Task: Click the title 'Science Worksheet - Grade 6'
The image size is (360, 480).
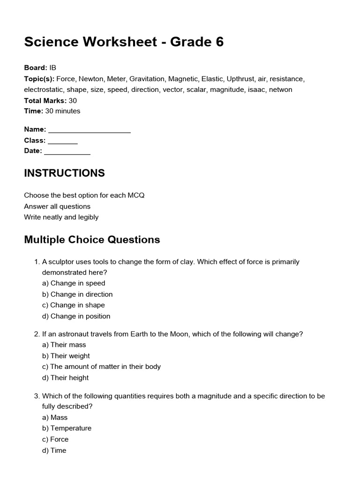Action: click(124, 42)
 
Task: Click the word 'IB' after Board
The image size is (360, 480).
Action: click(53, 67)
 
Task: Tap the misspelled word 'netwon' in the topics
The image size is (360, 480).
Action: click(280, 89)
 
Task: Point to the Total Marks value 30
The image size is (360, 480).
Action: click(73, 100)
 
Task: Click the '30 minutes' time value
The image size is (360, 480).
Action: click(62, 111)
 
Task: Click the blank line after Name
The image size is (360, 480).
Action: click(89, 130)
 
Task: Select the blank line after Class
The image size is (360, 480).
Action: click(63, 141)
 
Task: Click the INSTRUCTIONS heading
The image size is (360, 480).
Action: click(64, 173)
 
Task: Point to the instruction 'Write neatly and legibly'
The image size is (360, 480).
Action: click(61, 217)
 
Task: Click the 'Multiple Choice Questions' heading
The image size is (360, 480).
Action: click(92, 240)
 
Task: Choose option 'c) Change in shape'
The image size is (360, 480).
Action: click(74, 305)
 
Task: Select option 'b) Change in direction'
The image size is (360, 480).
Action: click(77, 294)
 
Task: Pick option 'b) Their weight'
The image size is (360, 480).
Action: click(66, 356)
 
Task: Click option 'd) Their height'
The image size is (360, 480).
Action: click(65, 378)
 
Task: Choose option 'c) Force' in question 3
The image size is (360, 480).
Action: click(55, 439)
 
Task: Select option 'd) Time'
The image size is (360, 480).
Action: click(54, 450)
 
